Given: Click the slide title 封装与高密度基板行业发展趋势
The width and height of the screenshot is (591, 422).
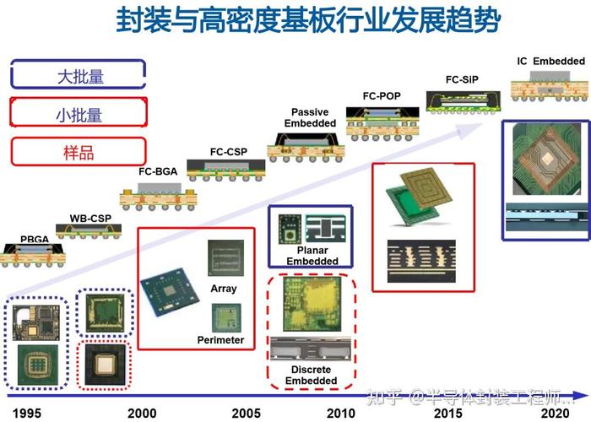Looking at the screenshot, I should pos(308,21).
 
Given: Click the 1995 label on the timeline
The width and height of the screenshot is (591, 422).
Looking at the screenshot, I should pos(24,414).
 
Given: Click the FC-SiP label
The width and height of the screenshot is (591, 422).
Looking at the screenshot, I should pos(464,80).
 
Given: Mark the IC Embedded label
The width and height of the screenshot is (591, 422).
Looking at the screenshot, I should pos(550,61).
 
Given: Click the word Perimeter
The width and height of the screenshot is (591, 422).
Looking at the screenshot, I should pos(220,340).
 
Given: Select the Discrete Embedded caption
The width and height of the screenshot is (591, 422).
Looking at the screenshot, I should pos(312,376).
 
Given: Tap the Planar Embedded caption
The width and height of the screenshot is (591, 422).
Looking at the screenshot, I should pos(312,256).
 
